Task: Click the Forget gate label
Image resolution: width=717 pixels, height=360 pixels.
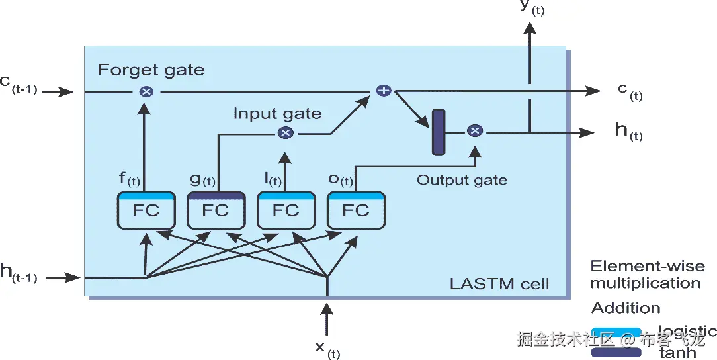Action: coord(151,69)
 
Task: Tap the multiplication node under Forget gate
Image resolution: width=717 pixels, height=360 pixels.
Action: coord(146,91)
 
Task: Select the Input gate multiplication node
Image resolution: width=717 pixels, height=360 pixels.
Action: coord(285,133)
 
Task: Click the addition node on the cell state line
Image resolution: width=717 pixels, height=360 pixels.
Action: coord(383,91)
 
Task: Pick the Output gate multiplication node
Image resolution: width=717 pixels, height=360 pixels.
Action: coord(474,131)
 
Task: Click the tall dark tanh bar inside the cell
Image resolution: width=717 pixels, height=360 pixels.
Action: coord(439,132)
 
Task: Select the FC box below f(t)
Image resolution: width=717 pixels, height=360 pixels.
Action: coord(146,210)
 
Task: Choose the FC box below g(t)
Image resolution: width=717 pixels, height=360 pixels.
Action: coord(216,210)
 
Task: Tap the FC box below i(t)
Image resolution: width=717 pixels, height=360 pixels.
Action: coord(286,210)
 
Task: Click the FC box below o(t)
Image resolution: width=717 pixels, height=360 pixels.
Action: coord(356,210)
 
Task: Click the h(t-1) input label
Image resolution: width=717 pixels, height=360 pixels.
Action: coord(18,273)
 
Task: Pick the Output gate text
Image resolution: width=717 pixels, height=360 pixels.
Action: coord(462,179)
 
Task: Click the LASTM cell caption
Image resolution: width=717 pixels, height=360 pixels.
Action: coord(499,285)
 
